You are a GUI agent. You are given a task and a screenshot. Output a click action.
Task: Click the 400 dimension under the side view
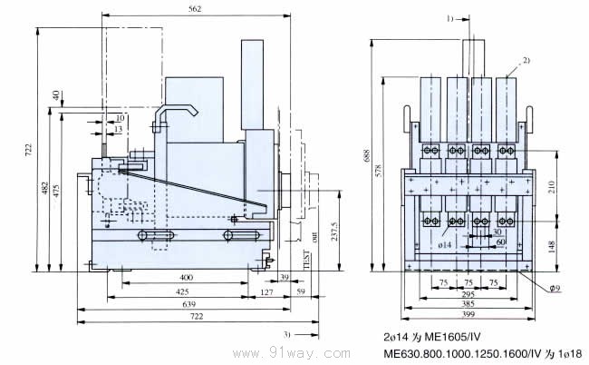pos(186,278)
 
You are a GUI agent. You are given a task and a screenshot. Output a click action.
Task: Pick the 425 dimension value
pos(182,292)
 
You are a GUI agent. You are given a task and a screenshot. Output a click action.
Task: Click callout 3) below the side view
pos(287,333)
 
